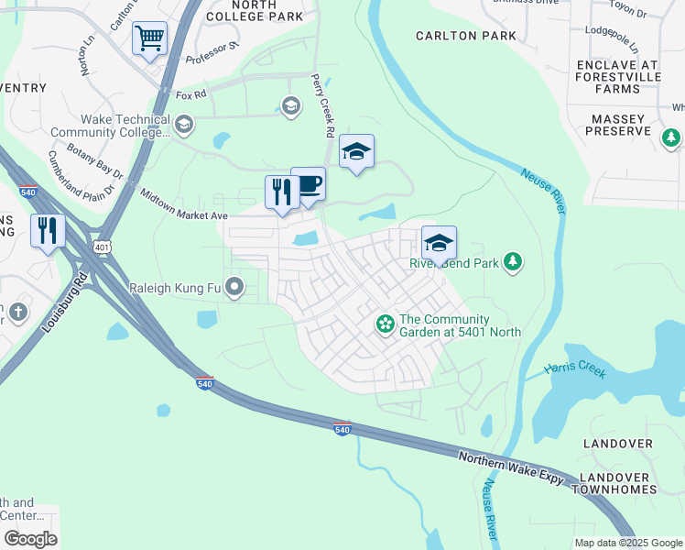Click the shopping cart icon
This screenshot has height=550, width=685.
pos(149,38)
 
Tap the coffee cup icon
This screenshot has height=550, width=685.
pos(309,183)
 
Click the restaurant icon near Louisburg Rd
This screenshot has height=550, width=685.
pos(48,230)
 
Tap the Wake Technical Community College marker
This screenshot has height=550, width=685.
pos(184,125)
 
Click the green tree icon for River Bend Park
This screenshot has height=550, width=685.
pos(513,263)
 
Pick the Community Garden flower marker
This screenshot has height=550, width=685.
pos(386,324)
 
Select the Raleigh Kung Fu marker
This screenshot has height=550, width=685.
pos(234,289)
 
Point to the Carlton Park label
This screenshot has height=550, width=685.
pos(465,36)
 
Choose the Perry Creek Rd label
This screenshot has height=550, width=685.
pos(321,105)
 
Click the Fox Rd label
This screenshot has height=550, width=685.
pos(190,94)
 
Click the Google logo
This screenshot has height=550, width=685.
pos(30,539)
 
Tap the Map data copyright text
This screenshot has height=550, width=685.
pos(627,543)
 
